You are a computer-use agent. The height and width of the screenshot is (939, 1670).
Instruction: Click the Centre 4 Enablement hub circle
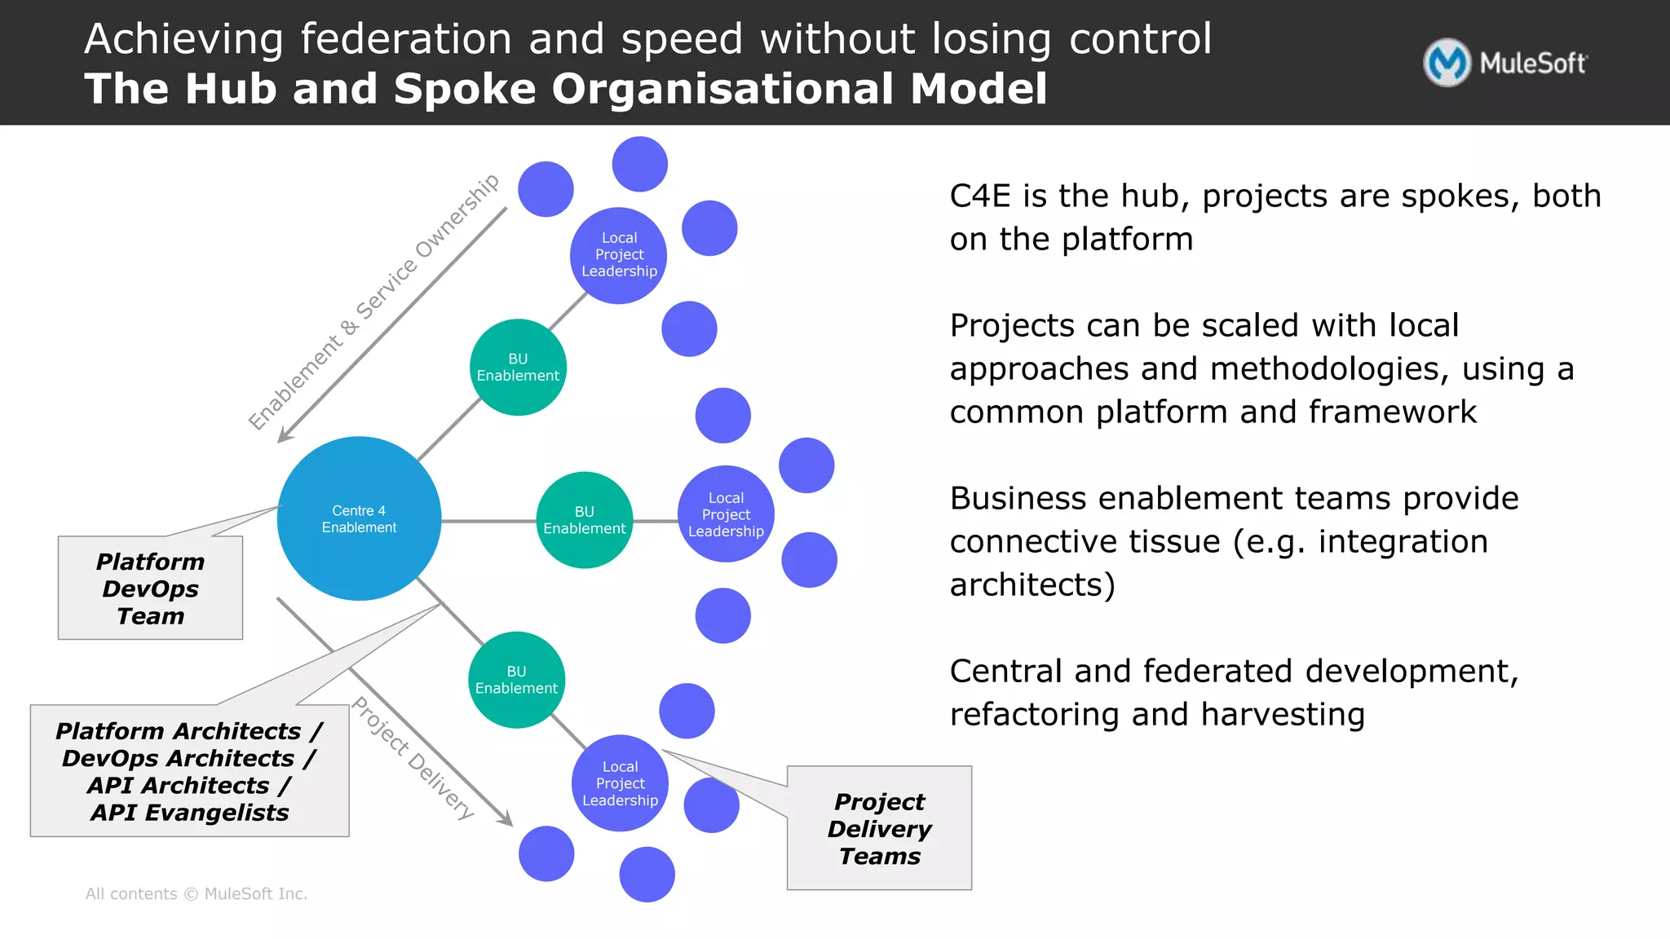(359, 518)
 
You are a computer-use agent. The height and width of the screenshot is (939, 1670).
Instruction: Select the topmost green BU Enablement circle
(518, 368)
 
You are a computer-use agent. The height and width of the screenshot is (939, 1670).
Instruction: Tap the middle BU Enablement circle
(585, 520)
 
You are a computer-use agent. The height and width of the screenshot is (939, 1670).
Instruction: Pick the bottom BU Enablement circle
(516, 680)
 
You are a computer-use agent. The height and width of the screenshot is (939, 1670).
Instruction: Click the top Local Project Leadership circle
(619, 255)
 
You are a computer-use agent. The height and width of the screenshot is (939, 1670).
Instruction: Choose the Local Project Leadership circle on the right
(726, 514)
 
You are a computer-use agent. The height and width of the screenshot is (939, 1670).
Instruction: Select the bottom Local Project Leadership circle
(620, 783)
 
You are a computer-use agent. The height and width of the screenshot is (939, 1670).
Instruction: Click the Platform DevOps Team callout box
(150, 589)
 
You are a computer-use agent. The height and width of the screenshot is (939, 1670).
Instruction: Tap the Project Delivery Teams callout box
(879, 828)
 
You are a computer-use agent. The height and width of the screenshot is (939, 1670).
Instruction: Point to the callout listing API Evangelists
(189, 771)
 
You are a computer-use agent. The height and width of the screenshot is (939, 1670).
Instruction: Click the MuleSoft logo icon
(1447, 63)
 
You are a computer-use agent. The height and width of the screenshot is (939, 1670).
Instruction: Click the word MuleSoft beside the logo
(1533, 64)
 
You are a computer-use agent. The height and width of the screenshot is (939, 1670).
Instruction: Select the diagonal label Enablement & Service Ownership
(373, 302)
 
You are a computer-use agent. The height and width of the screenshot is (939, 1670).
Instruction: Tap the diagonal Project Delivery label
(413, 758)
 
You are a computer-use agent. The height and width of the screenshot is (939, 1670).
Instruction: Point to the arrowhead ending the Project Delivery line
(507, 819)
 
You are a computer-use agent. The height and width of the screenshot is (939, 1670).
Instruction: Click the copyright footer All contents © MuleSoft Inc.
(197, 894)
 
